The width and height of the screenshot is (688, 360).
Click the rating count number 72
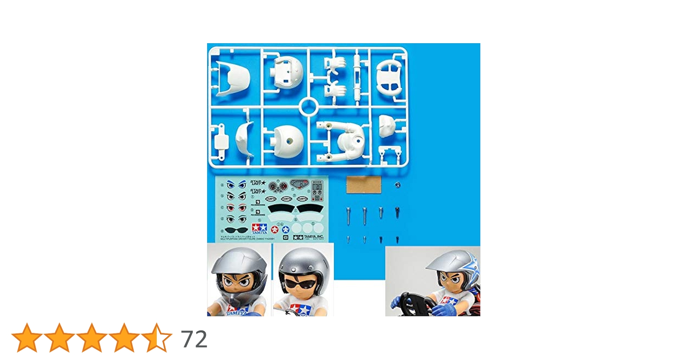click(x=194, y=339)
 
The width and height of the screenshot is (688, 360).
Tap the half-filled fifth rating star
click(x=156, y=338)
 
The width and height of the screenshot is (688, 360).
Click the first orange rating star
click(x=27, y=338)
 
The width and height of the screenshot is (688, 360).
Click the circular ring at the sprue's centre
click(x=308, y=107)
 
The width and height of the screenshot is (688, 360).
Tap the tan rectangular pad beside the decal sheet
click(x=363, y=185)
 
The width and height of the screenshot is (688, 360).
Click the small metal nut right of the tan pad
click(x=398, y=185)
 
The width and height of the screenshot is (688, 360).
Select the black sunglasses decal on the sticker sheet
click(x=236, y=230)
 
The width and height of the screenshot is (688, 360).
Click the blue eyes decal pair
click(x=236, y=185)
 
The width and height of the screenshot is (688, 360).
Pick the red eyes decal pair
click(x=236, y=208)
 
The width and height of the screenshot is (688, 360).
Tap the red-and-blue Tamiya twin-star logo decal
click(x=259, y=228)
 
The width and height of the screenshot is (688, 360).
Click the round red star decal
click(x=275, y=229)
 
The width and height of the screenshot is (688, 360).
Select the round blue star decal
click(x=286, y=229)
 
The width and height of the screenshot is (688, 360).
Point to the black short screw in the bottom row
click(x=397, y=239)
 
